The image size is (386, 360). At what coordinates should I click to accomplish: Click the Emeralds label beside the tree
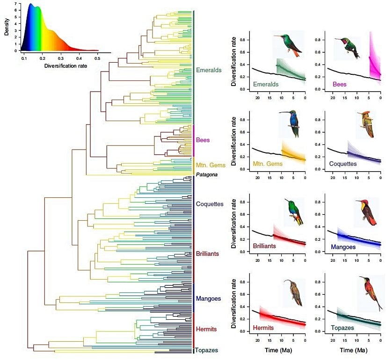208,70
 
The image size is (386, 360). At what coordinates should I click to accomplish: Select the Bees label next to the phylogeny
203,139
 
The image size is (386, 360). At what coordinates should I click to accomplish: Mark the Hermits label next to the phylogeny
207,329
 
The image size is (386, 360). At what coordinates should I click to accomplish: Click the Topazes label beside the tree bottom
207,350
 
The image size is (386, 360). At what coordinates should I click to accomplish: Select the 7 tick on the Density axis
15,4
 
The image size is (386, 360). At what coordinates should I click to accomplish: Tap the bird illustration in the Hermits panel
293,293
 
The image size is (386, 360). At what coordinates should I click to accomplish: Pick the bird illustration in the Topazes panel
370,292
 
